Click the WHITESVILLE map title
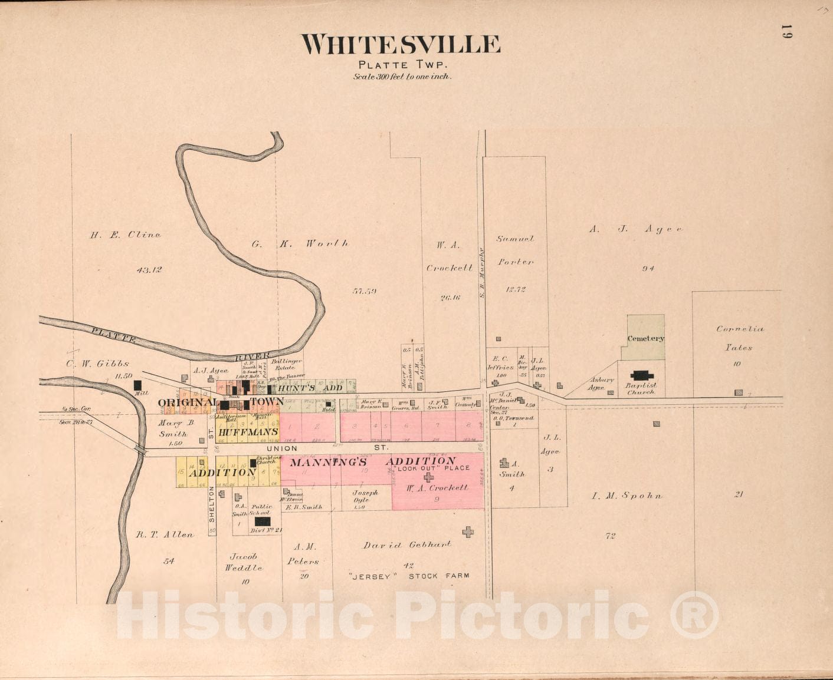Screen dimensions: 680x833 pos(401,45)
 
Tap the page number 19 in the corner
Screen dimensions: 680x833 pos(786,32)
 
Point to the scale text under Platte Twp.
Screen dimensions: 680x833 pos(402,77)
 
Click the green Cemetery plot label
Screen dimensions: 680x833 pos(645,338)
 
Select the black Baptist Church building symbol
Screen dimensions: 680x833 pos(642,375)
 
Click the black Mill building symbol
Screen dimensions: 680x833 pos(137,385)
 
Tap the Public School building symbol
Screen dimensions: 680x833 pos(262,521)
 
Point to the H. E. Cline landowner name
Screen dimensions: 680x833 pos(125,235)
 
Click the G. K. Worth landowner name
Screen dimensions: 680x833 pos(300,243)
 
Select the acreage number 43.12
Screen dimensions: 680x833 pos(149,270)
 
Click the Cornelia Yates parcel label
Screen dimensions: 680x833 pos(740,338)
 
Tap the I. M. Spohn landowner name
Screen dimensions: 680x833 pos(627,496)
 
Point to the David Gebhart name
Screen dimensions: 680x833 pos(407,545)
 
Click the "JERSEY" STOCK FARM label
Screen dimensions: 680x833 pos(409,576)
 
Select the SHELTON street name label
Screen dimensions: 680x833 pos(212,507)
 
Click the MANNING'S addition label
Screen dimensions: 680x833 pos(328,463)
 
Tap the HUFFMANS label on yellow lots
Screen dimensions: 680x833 pos(248,432)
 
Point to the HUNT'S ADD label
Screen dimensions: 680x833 pos(310,388)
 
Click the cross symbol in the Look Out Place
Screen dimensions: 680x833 pos(428,477)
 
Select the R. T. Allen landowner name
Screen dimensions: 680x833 pos(165,535)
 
